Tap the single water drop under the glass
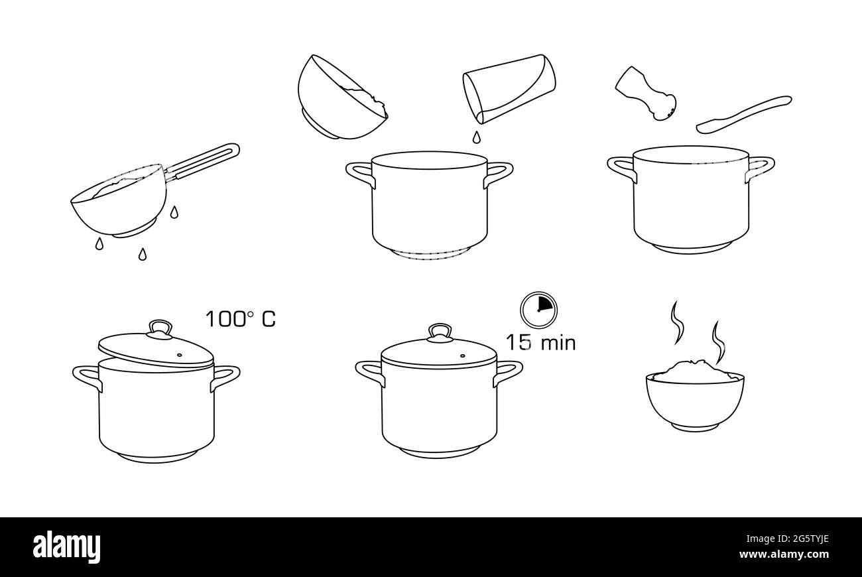pos(475,137)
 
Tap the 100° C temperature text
pos(240,319)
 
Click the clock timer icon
pos(538,310)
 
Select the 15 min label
pos(540,343)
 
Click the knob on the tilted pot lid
pos(160,328)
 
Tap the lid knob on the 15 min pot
pos(440,332)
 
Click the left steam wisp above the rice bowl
pos(677,322)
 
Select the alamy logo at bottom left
pos(67,547)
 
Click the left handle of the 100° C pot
pos(86,377)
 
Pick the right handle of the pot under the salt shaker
pos(760,166)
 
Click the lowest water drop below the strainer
pos(142,254)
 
